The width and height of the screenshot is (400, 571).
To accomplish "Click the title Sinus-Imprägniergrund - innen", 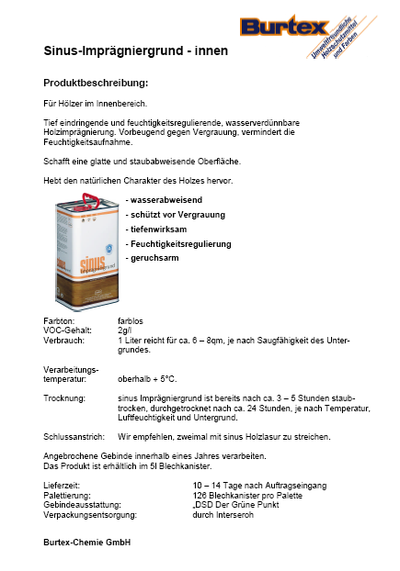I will [x=136, y=50].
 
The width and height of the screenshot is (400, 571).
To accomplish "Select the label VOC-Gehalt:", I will [x=66, y=330].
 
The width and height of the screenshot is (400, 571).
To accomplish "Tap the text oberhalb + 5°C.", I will [x=147, y=379].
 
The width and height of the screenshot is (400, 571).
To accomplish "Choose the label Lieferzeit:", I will [x=63, y=484].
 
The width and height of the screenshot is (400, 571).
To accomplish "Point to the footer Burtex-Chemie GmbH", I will [x=87, y=543].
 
